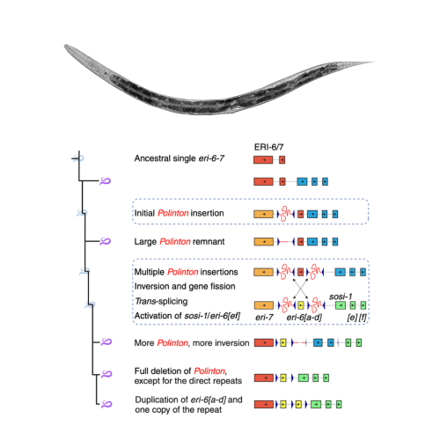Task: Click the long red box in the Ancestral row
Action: coord(263,160)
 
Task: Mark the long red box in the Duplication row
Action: coord(263,404)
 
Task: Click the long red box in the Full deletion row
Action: coord(263,378)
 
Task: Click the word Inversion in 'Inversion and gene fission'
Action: coord(154,287)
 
